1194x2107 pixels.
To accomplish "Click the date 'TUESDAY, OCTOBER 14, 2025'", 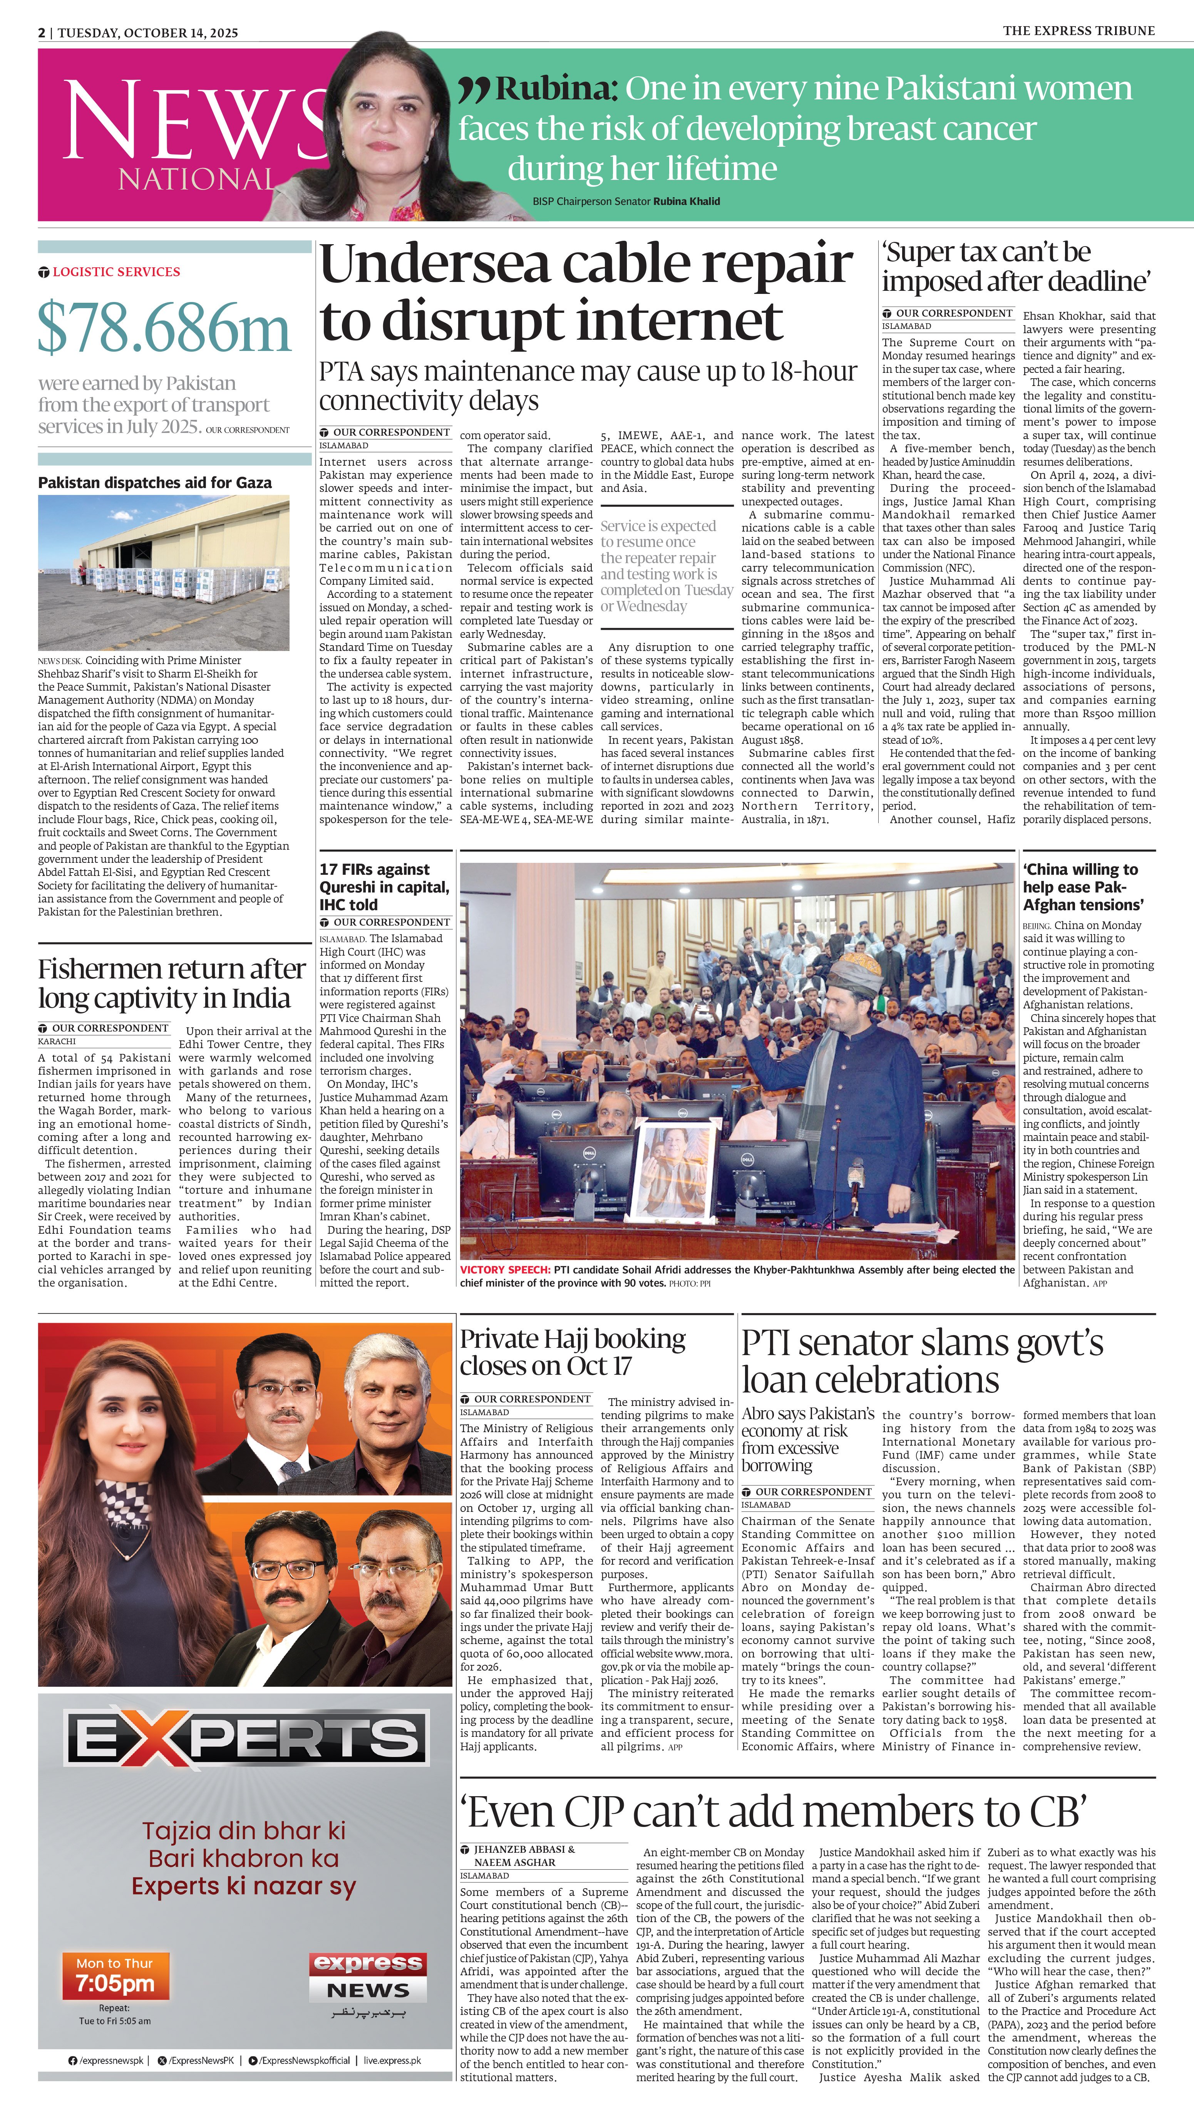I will tap(147, 33).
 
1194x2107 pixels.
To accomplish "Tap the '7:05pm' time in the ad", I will tap(116, 1984).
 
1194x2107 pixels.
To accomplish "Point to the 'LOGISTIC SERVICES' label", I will tap(116, 272).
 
